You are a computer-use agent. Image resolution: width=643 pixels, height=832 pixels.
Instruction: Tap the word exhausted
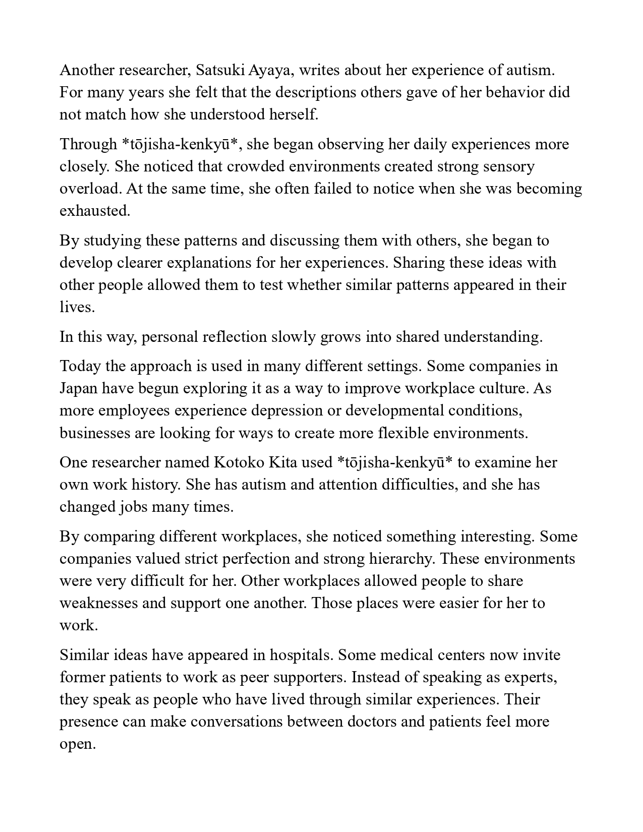(94, 211)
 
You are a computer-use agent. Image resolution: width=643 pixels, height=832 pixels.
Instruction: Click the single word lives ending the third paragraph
(77, 307)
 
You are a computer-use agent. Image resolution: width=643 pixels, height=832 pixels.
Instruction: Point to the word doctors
(371, 722)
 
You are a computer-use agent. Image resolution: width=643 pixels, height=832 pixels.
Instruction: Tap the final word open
(77, 744)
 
